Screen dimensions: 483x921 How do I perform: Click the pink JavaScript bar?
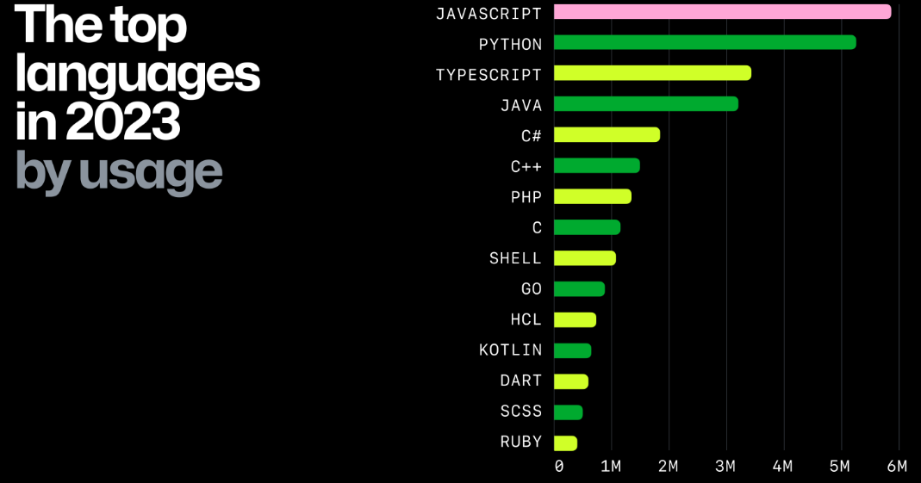coord(722,12)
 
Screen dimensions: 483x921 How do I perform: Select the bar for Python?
coord(705,42)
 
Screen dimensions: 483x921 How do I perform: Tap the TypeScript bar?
coord(652,73)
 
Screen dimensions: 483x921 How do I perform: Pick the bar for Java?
coord(645,104)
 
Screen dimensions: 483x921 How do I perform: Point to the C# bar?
coord(607,135)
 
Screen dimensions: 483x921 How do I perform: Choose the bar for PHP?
coord(593,196)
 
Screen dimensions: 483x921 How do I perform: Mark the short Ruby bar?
coord(565,443)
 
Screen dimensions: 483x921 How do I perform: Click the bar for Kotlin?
coord(572,350)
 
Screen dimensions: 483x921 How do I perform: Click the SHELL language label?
coord(515,258)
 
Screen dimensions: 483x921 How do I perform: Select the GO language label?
coord(532,289)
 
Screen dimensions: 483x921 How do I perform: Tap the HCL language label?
coord(526,319)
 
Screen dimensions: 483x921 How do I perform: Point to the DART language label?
coord(520,381)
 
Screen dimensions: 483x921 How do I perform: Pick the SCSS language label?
coord(520,412)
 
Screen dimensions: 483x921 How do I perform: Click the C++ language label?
coord(526,166)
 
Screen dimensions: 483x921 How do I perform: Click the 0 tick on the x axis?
coord(559,467)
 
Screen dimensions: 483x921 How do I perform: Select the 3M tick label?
coord(725,467)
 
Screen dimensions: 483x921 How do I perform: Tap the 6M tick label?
coord(897,467)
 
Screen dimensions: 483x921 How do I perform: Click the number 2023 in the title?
coord(122,122)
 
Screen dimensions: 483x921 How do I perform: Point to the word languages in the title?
coord(137,75)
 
